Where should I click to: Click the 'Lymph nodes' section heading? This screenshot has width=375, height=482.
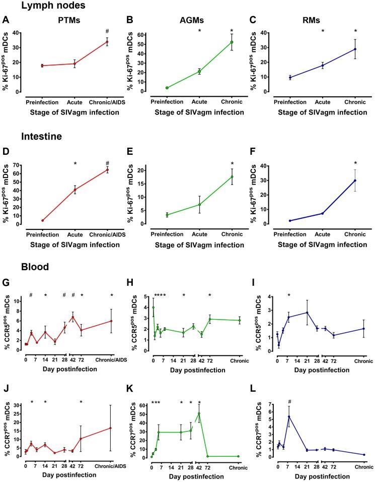tap(43, 7)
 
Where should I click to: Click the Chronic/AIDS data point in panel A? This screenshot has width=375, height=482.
tap(106, 42)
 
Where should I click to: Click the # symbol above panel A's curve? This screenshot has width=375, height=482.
tap(106, 31)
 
